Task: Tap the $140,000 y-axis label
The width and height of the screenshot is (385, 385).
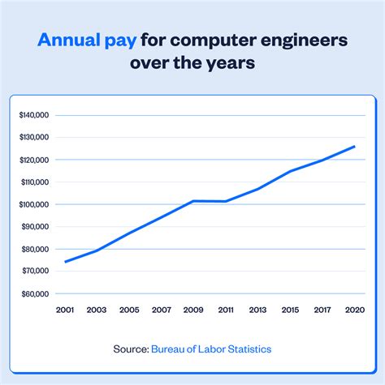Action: [34, 115]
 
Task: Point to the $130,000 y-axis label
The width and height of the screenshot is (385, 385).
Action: [34, 138]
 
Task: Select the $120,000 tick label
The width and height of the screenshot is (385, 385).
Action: [34, 160]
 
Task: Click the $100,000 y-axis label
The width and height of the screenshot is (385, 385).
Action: [34, 204]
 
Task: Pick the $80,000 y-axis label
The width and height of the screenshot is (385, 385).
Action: [34, 249]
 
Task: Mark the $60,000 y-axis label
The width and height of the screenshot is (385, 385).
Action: [34, 293]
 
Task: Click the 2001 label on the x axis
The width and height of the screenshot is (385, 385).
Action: [65, 310]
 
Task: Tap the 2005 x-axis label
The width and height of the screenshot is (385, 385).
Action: [128, 310]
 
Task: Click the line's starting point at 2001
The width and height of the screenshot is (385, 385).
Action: [65, 262]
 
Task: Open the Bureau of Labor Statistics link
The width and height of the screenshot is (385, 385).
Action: [211, 349]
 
